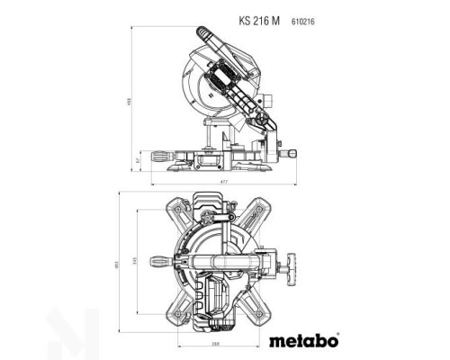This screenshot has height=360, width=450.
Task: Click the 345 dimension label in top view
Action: [x=136, y=261]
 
